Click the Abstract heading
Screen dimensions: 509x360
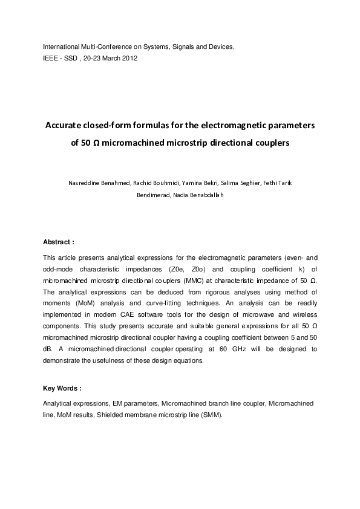(x=58, y=241)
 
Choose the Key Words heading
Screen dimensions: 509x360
(x=62, y=388)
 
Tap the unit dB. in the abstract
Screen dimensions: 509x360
(x=48, y=350)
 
